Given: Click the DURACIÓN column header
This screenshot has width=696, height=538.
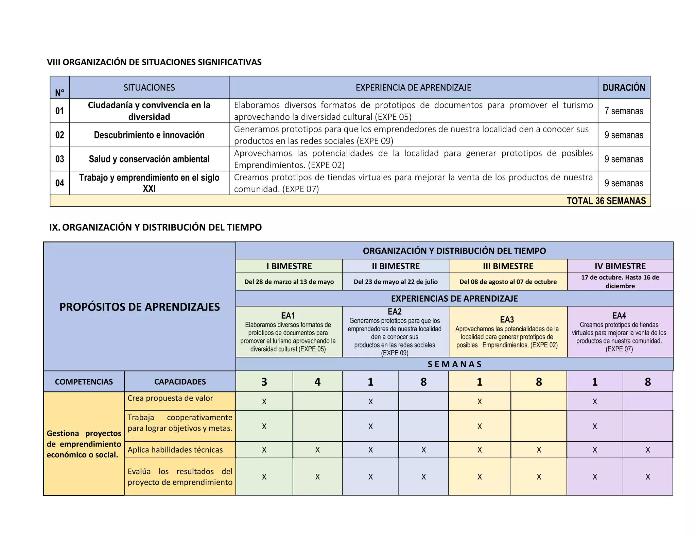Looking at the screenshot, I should [x=624, y=88].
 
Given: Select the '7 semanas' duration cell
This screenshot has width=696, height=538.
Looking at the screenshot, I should [x=624, y=111].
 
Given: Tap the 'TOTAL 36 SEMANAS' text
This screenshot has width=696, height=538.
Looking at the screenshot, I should [x=606, y=201].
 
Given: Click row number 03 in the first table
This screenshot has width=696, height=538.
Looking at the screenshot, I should [x=60, y=159].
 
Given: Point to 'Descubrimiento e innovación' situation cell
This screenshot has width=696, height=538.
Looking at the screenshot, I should [x=149, y=135].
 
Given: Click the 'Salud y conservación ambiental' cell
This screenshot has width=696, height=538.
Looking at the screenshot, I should [x=149, y=159].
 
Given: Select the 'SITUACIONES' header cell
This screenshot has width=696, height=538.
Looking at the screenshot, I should [x=149, y=88].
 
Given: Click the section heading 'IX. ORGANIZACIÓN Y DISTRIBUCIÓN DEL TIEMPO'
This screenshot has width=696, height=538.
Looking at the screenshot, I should [x=155, y=227].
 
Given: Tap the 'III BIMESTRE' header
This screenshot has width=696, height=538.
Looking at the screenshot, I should [x=508, y=266].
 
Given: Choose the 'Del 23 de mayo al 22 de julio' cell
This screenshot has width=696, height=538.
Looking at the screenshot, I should [x=396, y=282].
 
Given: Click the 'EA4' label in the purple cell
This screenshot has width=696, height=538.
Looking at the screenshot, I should [x=619, y=316].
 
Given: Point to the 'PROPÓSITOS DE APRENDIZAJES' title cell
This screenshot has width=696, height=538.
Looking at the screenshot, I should [x=139, y=307].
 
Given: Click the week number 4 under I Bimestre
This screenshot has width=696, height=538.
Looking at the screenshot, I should [x=317, y=382].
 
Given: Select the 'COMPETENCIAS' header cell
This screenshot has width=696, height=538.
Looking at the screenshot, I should [x=84, y=382].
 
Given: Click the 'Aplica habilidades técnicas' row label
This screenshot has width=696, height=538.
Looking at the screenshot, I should [x=175, y=450].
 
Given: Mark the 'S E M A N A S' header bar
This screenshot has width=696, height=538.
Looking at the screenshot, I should [x=454, y=364].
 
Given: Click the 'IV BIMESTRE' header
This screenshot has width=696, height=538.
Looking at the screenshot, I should [x=620, y=266].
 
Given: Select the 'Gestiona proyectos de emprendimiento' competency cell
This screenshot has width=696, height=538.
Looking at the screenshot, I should [x=84, y=444].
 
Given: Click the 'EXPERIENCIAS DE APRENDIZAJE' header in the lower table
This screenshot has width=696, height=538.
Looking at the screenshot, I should [x=454, y=299].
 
